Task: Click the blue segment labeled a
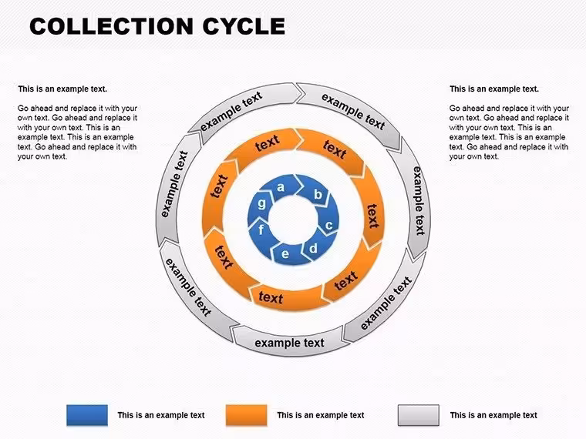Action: pos(282,186)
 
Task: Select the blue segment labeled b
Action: pos(316,193)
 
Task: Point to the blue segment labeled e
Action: pos(286,254)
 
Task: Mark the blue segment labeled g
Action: pos(261,204)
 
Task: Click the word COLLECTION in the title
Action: pos(111,26)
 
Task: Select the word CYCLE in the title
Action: pos(244,26)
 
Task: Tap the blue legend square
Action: pos(87,415)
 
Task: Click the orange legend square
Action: pos(246,415)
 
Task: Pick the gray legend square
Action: pos(418,415)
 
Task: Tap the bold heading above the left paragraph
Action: pos(62,89)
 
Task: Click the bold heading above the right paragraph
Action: pos(494,89)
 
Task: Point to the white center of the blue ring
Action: pos(293,219)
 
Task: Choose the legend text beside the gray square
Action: pos(493,415)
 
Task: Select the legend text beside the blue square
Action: pos(161,415)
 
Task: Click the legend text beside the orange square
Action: pos(321,415)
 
